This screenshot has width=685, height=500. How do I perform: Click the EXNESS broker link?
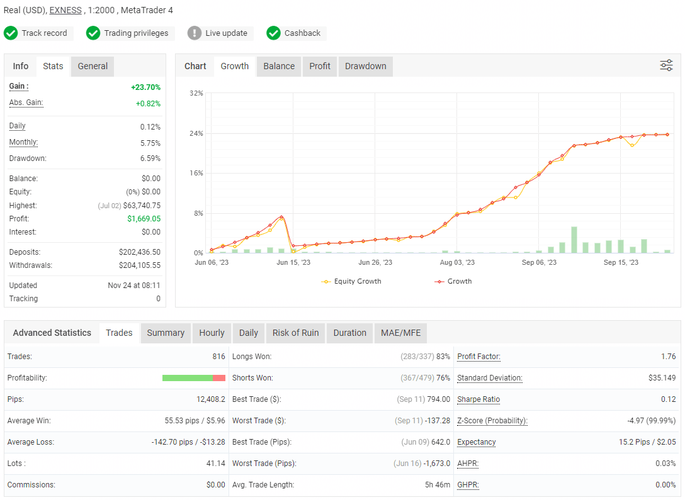point(65,10)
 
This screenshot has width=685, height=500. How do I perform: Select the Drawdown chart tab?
point(365,66)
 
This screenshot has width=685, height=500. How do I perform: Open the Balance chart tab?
point(279,66)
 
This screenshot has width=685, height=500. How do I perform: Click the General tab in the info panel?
point(93,66)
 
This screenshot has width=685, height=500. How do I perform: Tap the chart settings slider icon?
point(666,65)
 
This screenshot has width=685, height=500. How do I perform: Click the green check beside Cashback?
point(273,33)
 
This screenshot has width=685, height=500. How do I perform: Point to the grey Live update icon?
point(195,33)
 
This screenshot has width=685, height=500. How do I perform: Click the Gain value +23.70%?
point(145,87)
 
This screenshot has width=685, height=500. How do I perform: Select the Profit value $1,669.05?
point(144,219)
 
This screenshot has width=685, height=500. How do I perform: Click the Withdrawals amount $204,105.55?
point(140,265)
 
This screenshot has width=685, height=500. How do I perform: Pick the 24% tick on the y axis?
point(196,133)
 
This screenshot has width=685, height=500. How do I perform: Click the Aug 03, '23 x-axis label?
point(457,263)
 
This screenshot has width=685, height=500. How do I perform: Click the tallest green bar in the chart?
point(574,240)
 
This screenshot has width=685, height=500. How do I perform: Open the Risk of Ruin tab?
point(295,333)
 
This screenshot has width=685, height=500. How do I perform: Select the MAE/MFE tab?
point(400,333)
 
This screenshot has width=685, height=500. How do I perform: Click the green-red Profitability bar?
point(194,378)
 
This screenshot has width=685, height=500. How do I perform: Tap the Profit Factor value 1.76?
point(668,357)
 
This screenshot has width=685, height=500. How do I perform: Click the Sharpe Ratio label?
point(478,399)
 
